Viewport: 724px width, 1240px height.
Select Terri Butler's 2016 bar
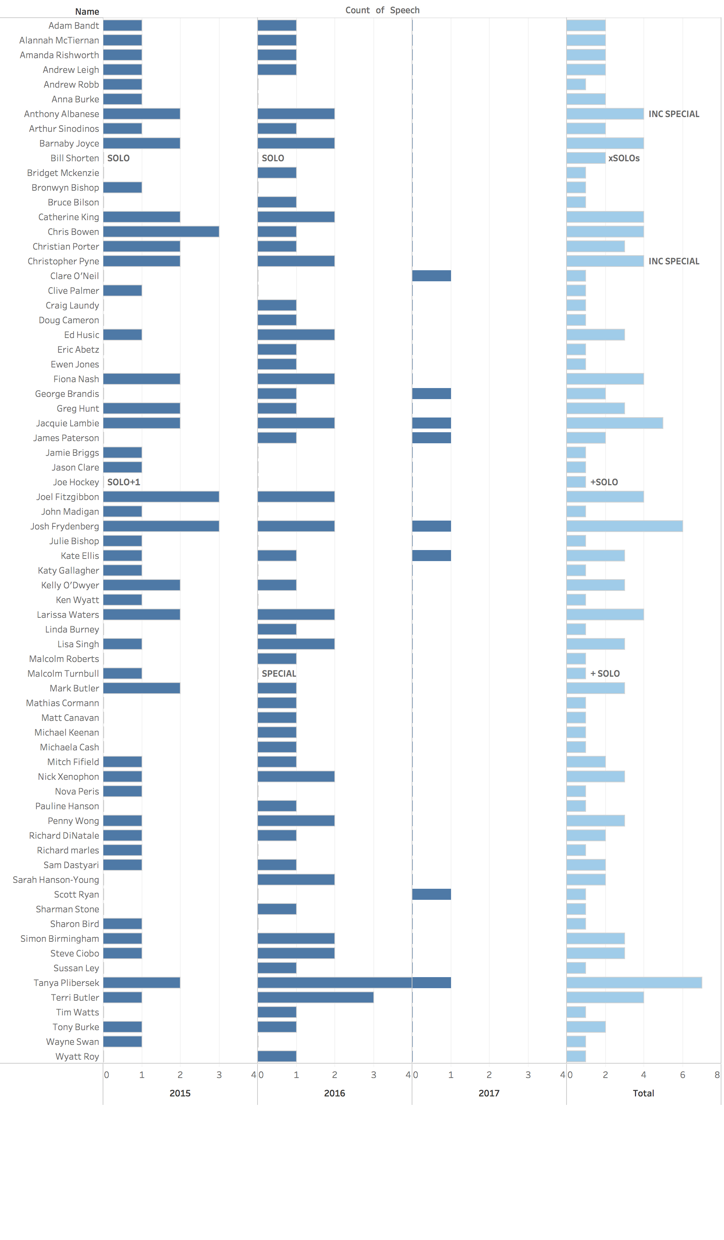pos(315,997)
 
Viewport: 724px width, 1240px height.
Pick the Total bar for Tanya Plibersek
pos(634,983)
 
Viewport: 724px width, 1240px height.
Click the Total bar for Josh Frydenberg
pos(624,526)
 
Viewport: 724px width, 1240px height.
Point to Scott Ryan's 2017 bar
pos(432,894)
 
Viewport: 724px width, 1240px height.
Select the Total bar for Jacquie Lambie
pos(614,423)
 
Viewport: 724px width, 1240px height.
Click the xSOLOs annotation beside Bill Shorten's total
pos(624,158)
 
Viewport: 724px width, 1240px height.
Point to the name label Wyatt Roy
pos(77,1056)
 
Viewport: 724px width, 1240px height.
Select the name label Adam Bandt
pos(74,25)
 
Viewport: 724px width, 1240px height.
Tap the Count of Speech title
pos(382,10)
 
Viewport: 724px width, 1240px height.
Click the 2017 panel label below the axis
pos(489,1093)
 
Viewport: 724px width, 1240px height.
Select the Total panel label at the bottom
pos(643,1093)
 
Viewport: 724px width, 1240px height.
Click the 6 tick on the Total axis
pos(682,1075)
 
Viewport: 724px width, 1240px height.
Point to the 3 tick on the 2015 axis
pos(219,1075)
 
